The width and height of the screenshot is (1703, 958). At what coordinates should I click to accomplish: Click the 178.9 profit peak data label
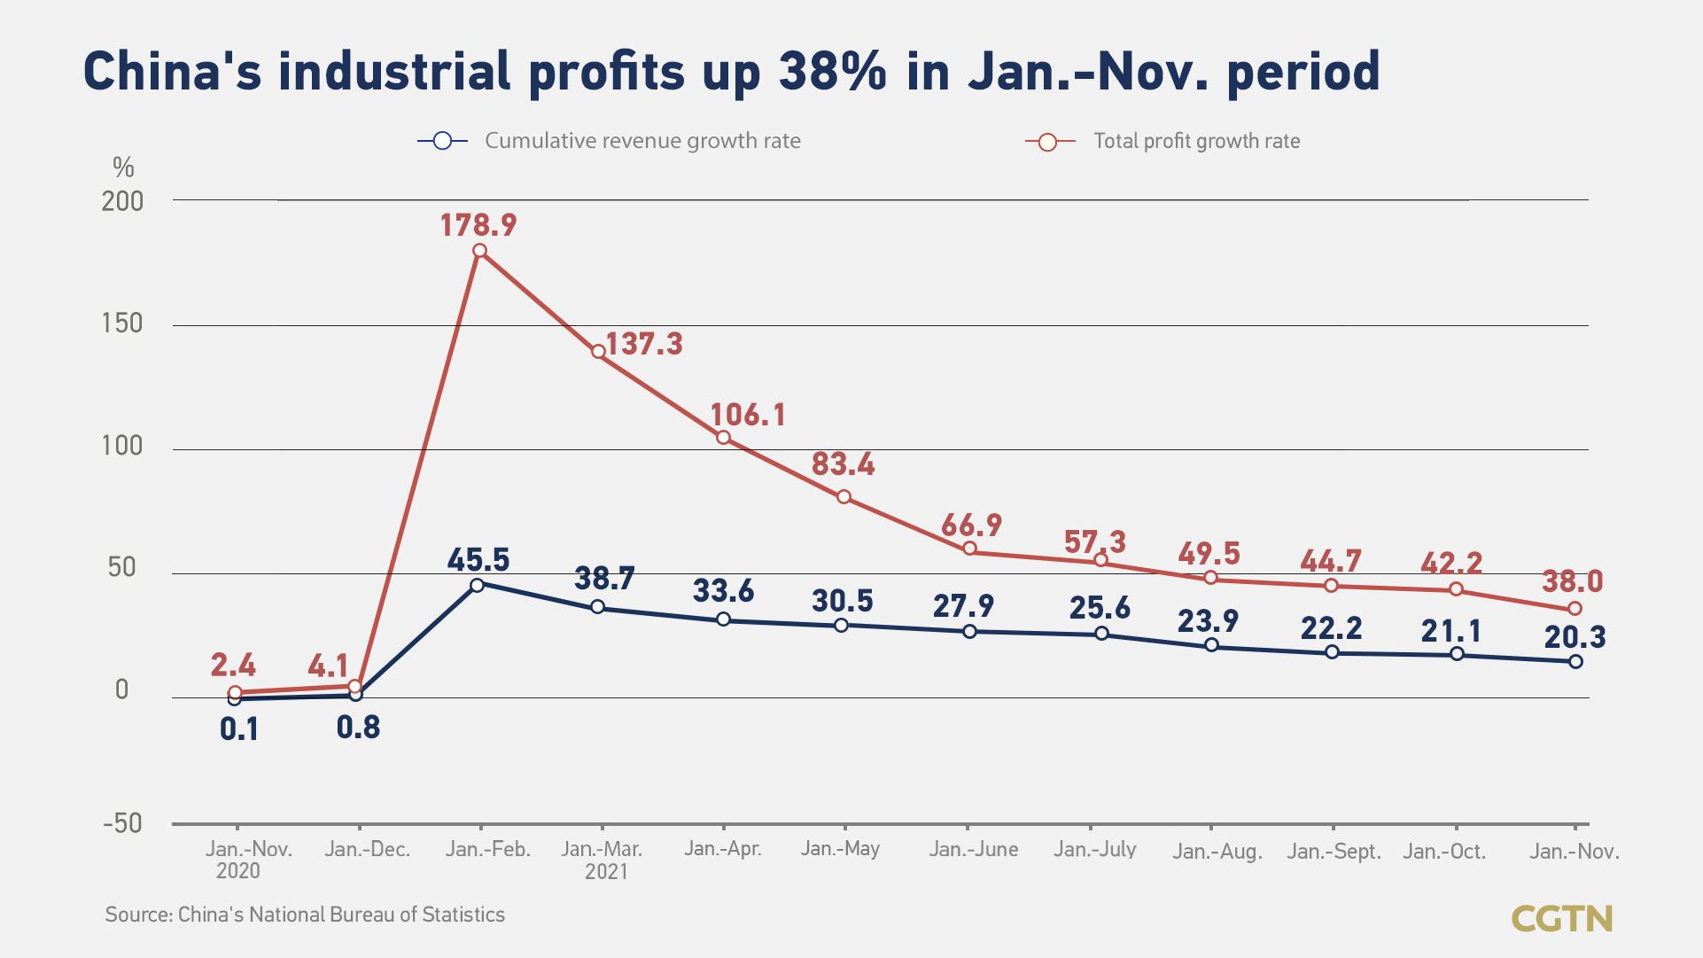(x=478, y=225)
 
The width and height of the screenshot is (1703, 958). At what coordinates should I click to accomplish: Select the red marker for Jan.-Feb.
(x=479, y=251)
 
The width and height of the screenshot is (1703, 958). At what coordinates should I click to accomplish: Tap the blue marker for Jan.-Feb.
(x=477, y=585)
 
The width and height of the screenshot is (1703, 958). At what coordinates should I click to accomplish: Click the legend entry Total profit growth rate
(x=1195, y=141)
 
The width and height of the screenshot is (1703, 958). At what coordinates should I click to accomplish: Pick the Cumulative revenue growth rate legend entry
(x=642, y=141)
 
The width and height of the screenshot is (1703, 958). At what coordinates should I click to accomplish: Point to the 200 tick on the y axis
(x=122, y=202)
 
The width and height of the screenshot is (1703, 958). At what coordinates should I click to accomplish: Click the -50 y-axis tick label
(x=122, y=823)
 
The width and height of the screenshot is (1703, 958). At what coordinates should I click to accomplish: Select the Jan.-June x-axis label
(x=973, y=849)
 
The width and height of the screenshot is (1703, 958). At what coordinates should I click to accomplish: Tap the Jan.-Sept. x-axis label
(x=1334, y=852)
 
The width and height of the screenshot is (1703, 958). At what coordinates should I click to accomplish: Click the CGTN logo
(x=1561, y=918)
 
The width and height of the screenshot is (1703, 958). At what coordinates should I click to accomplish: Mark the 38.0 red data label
(x=1572, y=581)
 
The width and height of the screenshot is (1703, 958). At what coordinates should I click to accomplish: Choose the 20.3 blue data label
(x=1575, y=636)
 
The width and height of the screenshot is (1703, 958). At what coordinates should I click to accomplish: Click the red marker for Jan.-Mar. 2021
(x=599, y=352)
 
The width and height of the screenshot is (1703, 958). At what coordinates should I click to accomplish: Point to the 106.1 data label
(x=748, y=415)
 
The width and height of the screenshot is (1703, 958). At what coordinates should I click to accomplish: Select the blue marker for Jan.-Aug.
(x=1211, y=645)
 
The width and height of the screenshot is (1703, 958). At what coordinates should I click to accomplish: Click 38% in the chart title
(x=832, y=71)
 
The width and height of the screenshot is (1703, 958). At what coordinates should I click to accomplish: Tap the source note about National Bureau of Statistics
(x=305, y=915)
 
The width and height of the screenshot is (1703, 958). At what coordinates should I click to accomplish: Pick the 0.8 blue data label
(x=358, y=728)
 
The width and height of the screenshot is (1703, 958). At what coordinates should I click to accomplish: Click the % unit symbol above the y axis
(x=123, y=167)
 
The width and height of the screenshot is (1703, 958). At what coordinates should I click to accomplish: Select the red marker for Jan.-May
(x=844, y=497)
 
